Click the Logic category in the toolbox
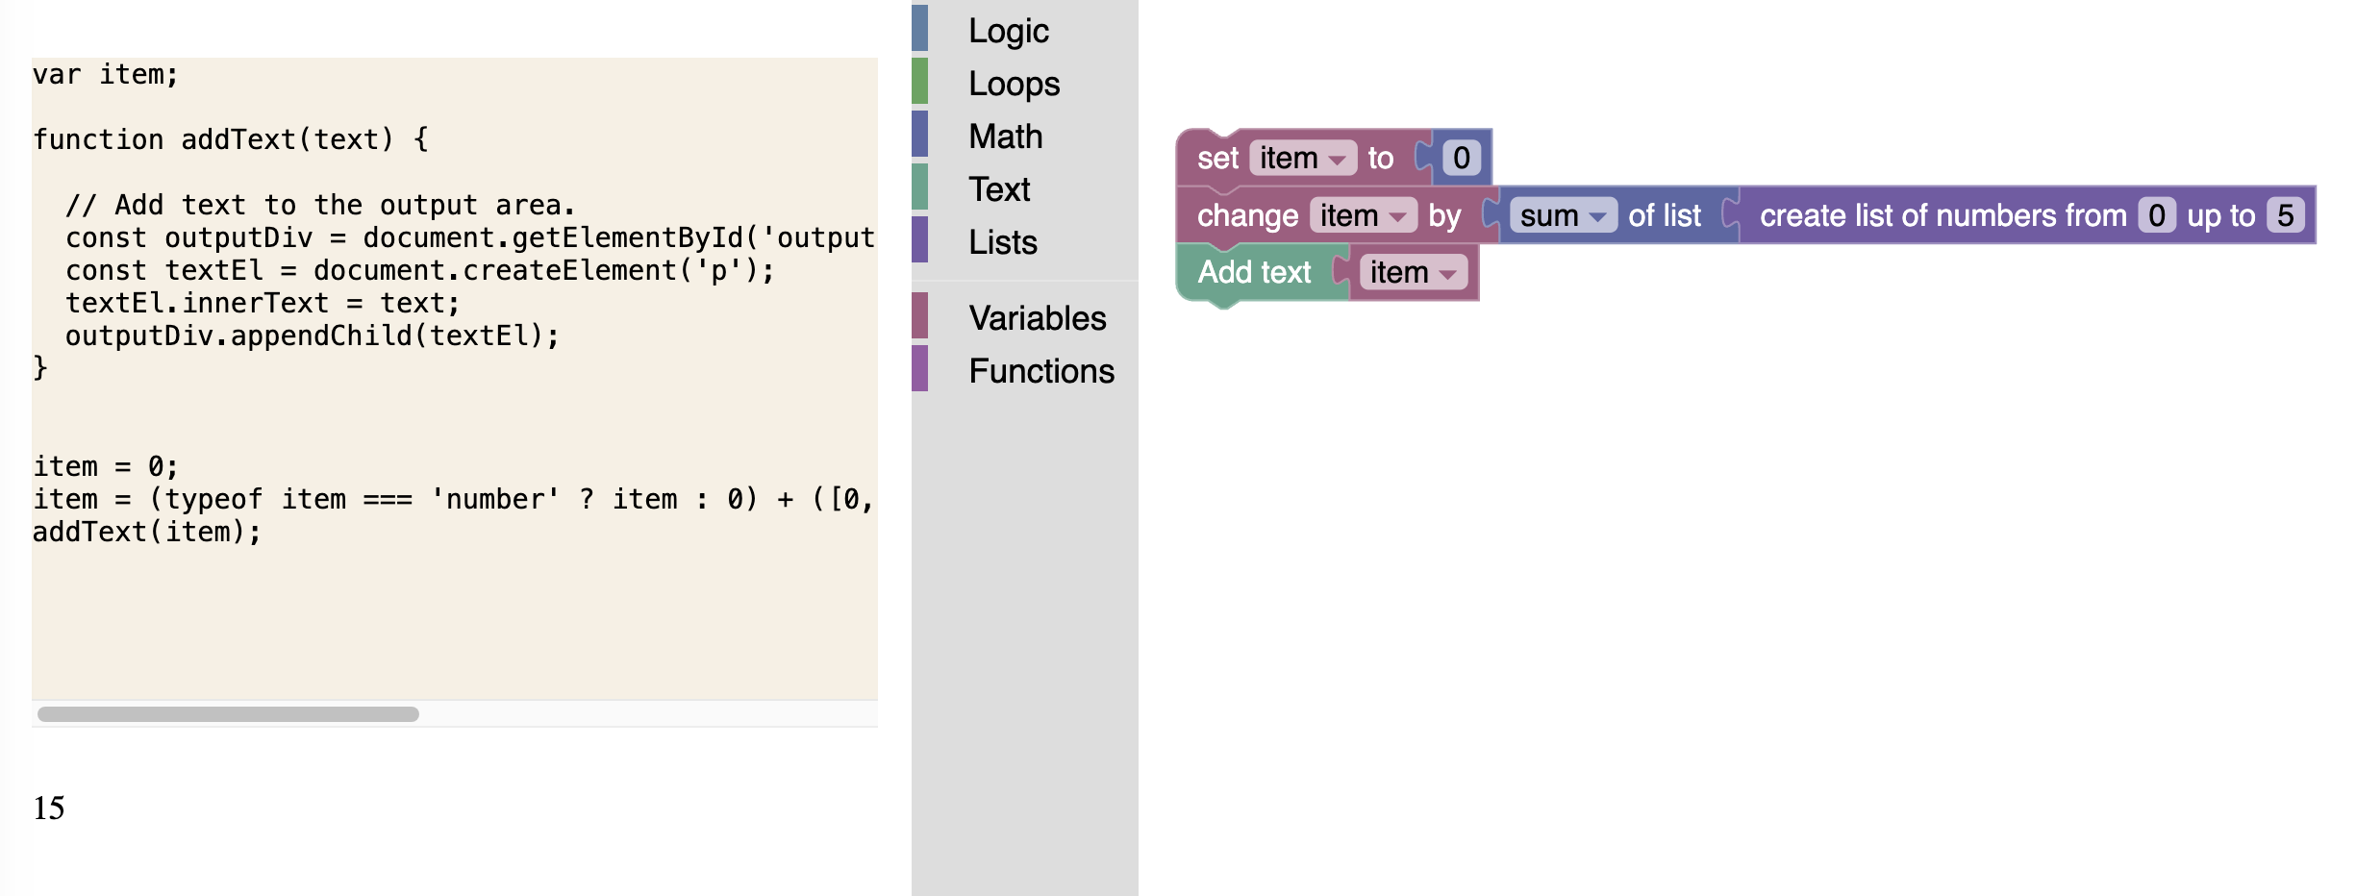pyautogui.click(x=1008, y=31)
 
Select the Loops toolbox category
pyautogui.click(x=1014, y=84)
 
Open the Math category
pyautogui.click(x=1005, y=137)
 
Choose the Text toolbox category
pyautogui.click(x=999, y=189)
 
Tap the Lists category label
pyautogui.click(x=1002, y=242)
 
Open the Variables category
pyautogui.click(x=1038, y=318)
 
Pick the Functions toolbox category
pyautogui.click(x=1041, y=371)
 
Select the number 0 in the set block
pyautogui.click(x=1461, y=158)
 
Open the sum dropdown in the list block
pyautogui.click(x=1563, y=215)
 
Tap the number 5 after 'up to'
pyautogui.click(x=2285, y=215)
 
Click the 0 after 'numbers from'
pyautogui.click(x=2157, y=215)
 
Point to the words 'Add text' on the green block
pyautogui.click(x=1254, y=273)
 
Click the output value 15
pyautogui.click(x=49, y=808)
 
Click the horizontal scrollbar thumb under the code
pyautogui.click(x=228, y=714)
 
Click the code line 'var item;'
pyautogui.click(x=106, y=75)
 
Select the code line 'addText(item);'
pyautogui.click(x=147, y=532)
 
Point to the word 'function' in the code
pyautogui.click(x=98, y=139)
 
